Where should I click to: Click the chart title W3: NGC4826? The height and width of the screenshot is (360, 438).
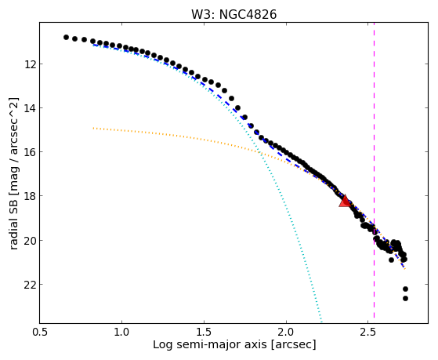point(233,15)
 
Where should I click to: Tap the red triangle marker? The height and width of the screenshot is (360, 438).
point(345,201)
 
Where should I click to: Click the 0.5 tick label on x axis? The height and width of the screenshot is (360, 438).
point(40,332)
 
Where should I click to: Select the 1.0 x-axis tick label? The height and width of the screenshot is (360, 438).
point(121,332)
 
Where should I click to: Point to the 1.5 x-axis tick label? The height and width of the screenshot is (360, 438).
point(205,332)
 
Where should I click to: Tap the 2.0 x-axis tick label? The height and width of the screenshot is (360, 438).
point(286,332)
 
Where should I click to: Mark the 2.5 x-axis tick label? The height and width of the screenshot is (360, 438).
point(368,332)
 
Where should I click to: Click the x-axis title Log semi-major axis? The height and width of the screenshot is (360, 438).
point(210,345)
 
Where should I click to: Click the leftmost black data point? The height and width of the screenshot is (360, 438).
point(66,37)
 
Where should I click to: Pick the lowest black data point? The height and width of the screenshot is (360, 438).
point(405,299)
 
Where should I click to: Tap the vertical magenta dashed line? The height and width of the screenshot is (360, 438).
point(374,173)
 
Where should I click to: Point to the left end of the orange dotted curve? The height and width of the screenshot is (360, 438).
point(93,128)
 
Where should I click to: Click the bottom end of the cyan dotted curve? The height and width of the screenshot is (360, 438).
point(321,322)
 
